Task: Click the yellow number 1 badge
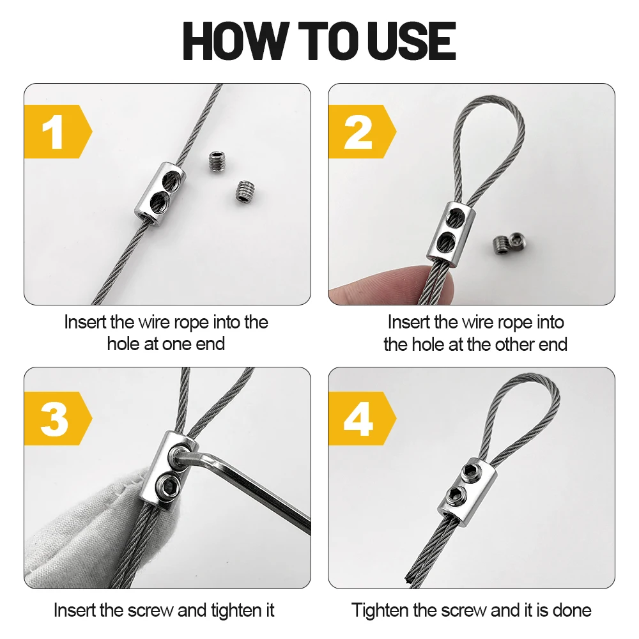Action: (58, 131)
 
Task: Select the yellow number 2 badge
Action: (362, 131)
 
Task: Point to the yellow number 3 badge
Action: (58, 418)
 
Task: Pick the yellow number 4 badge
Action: (362, 418)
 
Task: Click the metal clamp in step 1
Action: (160, 190)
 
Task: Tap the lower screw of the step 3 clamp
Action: (166, 485)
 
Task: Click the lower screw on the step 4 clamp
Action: (456, 495)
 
